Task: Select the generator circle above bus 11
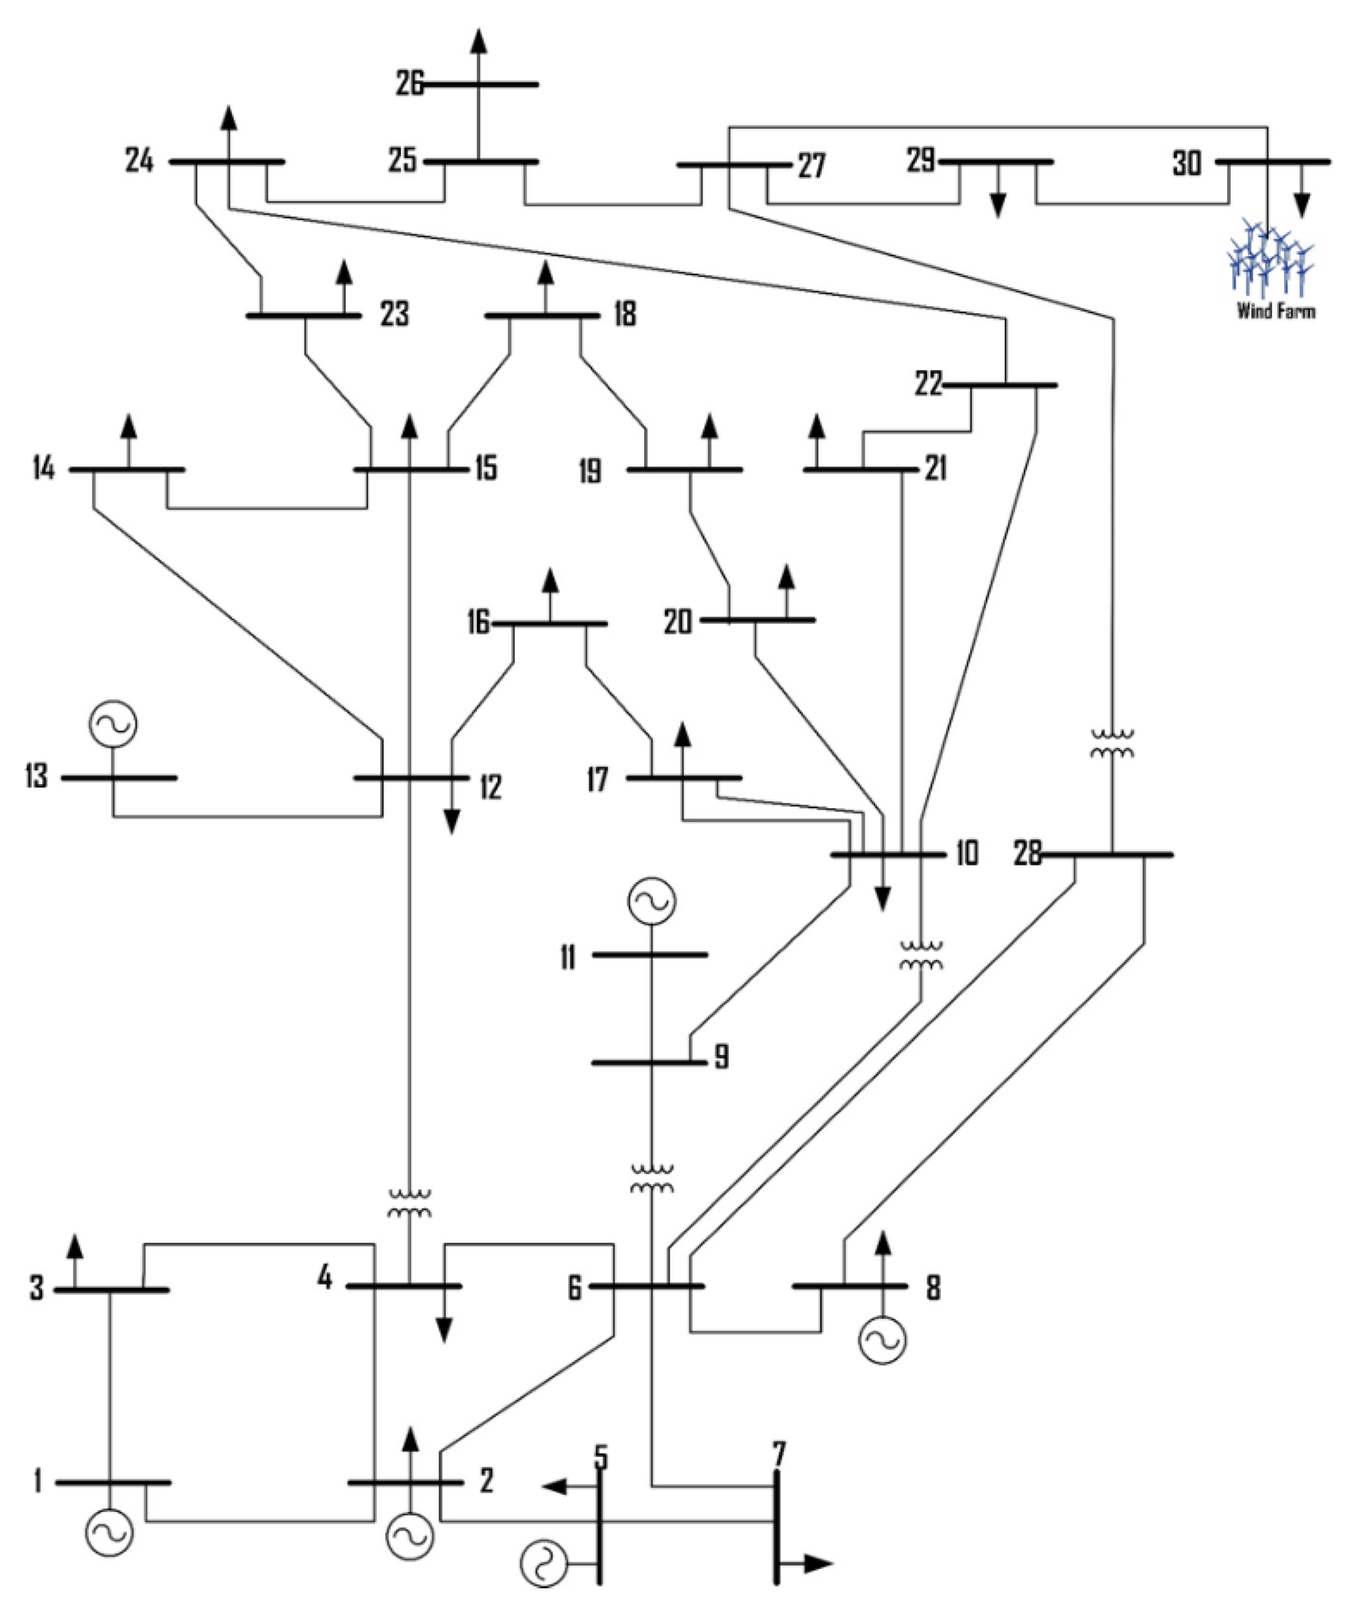(x=652, y=901)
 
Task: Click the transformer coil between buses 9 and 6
(x=652, y=1179)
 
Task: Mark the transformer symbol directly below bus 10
(x=921, y=954)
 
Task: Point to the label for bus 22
(x=929, y=384)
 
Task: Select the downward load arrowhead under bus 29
(x=998, y=205)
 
